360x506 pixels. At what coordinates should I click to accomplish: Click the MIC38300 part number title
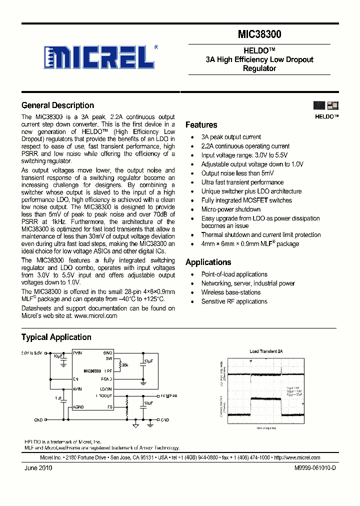tap(259, 34)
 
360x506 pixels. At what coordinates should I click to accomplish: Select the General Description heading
tap(57, 105)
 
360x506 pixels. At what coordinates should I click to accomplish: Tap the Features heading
tap(201, 125)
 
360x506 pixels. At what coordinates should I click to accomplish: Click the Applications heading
tap(208, 262)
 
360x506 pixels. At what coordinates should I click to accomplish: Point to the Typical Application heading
tap(56, 337)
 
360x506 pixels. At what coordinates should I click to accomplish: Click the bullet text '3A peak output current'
tap(231, 137)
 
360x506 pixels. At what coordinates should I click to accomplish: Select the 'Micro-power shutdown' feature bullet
tap(230, 209)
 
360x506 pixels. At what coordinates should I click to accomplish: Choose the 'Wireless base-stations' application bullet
tap(230, 292)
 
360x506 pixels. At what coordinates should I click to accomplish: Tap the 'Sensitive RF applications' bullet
tap(234, 301)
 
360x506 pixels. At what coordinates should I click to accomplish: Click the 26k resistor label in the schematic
tap(124, 365)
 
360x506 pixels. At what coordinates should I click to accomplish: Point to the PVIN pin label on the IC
tap(77, 353)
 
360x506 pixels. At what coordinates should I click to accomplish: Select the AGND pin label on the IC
tap(78, 407)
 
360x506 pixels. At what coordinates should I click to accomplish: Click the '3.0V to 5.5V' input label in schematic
tap(32, 353)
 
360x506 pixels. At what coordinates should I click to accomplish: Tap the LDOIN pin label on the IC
tap(105, 389)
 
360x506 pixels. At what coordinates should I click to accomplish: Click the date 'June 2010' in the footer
tap(38, 468)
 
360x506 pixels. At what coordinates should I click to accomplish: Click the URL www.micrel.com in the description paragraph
tap(95, 316)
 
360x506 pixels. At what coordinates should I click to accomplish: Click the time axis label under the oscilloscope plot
tap(266, 428)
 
